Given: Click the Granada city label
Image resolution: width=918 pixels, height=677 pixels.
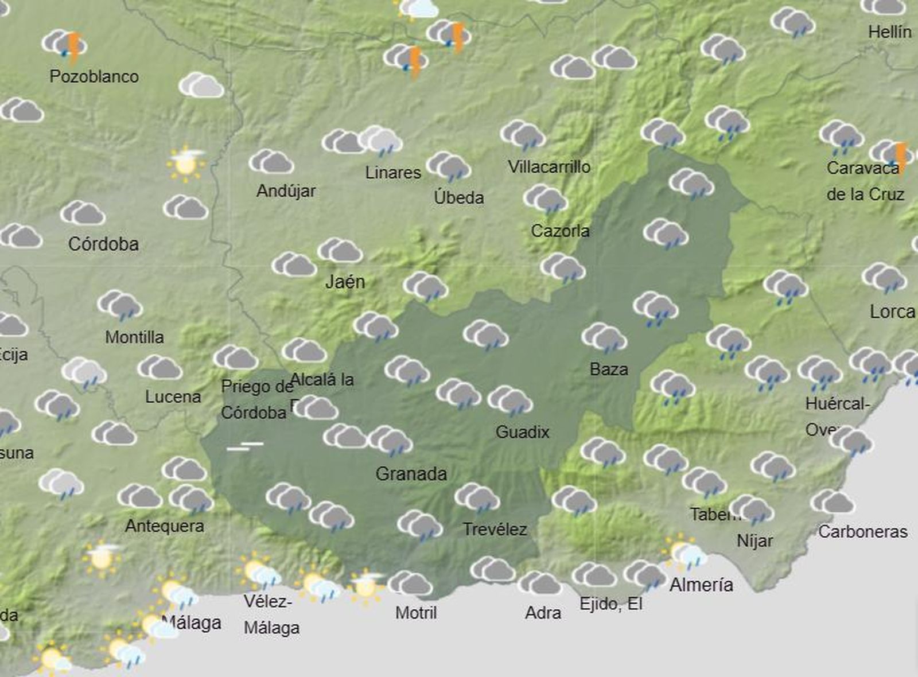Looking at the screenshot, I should [x=411, y=474].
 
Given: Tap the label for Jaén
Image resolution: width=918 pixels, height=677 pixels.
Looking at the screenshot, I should [x=345, y=282].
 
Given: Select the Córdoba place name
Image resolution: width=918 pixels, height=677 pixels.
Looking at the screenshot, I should [x=103, y=244].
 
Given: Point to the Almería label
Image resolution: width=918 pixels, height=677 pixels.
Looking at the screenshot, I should [x=701, y=585].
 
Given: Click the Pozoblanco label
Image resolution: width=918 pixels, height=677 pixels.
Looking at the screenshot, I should [x=94, y=76].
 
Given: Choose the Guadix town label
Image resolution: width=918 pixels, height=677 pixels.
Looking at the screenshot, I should [x=522, y=432].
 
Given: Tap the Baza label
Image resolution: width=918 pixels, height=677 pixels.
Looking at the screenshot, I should [x=609, y=369].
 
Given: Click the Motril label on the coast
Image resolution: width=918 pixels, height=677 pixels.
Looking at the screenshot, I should [x=416, y=613].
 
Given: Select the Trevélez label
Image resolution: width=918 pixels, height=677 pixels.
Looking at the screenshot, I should [x=495, y=529].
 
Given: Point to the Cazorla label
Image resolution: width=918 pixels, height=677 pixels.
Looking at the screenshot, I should [x=560, y=231].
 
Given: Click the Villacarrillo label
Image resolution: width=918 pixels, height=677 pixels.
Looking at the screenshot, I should [x=549, y=167].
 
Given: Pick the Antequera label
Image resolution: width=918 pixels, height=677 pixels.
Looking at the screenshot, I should [x=165, y=526].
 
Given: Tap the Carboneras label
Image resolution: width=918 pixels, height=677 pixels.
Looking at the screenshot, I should [x=862, y=532].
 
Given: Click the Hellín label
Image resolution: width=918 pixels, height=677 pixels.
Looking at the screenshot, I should [x=889, y=32].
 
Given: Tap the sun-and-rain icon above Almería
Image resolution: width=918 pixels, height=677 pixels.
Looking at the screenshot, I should [x=684, y=553].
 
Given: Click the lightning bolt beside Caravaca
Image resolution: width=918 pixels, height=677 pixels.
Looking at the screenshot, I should [x=901, y=156].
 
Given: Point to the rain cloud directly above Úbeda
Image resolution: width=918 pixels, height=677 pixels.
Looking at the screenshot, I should [x=449, y=167].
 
